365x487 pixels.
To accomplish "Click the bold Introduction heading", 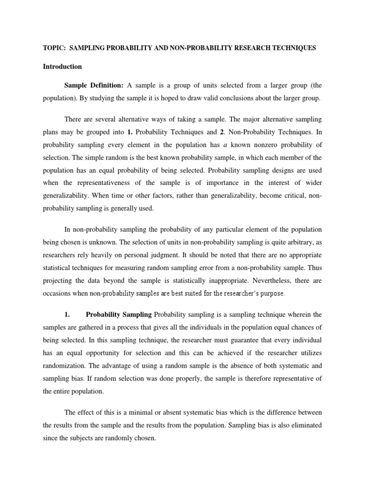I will point(62,67).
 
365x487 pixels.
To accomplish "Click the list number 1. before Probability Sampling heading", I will point(67,315).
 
